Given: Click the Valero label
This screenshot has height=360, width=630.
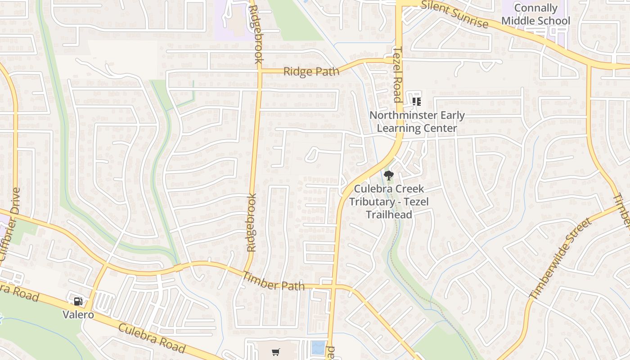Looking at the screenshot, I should pyautogui.click(x=78, y=314).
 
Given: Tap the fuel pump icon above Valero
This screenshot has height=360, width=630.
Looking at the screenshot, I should pyautogui.click(x=78, y=301).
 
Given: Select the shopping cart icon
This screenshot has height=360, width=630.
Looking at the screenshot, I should pyautogui.click(x=276, y=352).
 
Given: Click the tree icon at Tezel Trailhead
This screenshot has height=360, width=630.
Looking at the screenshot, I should pyautogui.click(x=388, y=175).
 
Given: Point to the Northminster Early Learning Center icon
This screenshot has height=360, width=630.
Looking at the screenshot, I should pyautogui.click(x=417, y=101).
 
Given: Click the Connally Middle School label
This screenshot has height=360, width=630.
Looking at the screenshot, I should pyautogui.click(x=535, y=14).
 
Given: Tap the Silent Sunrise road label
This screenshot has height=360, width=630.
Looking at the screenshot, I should pyautogui.click(x=455, y=14).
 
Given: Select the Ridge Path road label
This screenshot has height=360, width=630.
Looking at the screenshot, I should pyautogui.click(x=311, y=72).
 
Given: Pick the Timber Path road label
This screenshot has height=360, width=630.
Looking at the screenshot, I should pyautogui.click(x=273, y=282).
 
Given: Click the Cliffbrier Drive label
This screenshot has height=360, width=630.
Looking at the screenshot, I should pyautogui.click(x=11, y=224).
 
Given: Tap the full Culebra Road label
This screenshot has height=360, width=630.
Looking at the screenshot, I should pyautogui.click(x=152, y=337).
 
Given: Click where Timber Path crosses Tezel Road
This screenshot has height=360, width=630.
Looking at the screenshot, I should pyautogui.click(x=333, y=286).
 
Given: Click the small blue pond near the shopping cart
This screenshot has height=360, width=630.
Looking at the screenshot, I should pyautogui.click(x=318, y=348).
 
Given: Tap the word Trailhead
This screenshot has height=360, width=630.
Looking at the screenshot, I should pyautogui.click(x=389, y=214).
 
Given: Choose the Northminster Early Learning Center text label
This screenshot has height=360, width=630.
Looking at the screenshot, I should pyautogui.click(x=417, y=121).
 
